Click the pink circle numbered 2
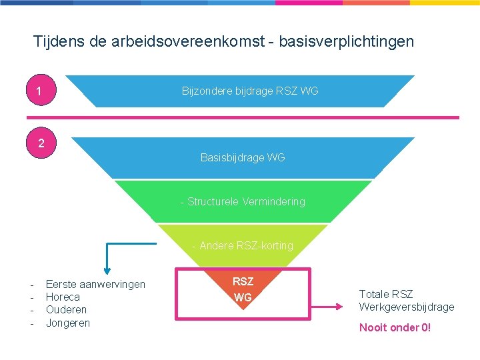[x=41, y=143]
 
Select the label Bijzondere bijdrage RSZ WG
[x=250, y=91]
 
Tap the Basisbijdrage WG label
[x=243, y=157]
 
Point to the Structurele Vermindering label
[x=243, y=201]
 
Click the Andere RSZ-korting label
[x=243, y=245]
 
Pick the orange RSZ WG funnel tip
[x=243, y=289]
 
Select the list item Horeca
[x=63, y=297]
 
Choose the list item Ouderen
[x=66, y=310]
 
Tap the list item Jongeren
[x=67, y=323]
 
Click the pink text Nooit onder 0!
[x=395, y=327]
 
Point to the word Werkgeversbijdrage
[x=407, y=307]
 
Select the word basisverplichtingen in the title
[x=347, y=41]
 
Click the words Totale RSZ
[x=386, y=294]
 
